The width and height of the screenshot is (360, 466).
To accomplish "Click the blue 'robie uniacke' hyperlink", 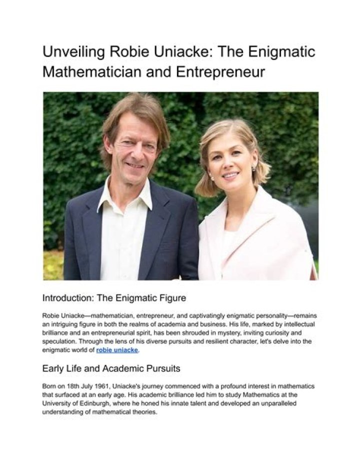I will (x=117, y=350).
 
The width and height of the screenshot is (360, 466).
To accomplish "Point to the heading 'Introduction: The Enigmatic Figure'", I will (x=114, y=298).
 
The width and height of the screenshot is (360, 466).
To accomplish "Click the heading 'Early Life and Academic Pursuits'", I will (x=111, y=369).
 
